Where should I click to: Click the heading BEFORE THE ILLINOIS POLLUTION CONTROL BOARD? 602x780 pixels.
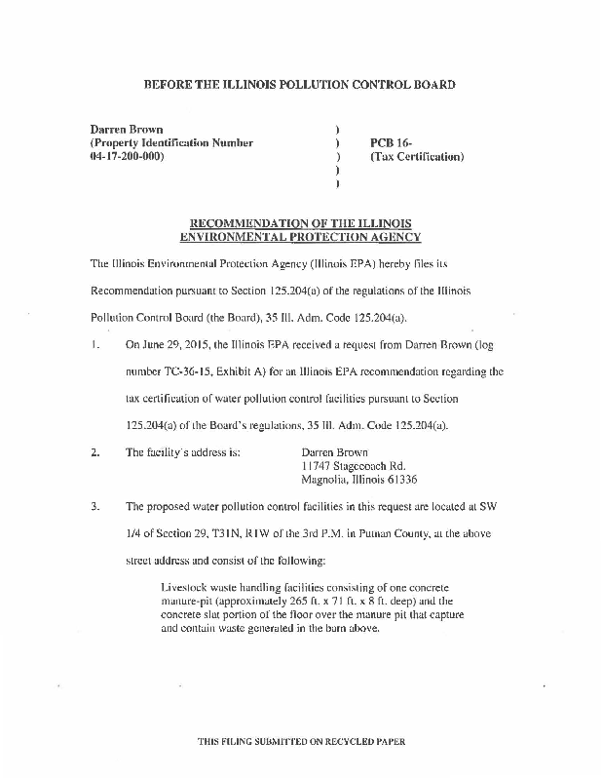click(300, 85)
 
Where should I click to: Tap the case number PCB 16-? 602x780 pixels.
click(389, 142)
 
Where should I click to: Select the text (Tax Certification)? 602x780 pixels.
click(416, 156)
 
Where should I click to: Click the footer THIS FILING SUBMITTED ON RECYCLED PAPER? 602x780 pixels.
click(300, 741)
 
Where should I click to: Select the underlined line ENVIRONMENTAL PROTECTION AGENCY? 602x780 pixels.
click(300, 237)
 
